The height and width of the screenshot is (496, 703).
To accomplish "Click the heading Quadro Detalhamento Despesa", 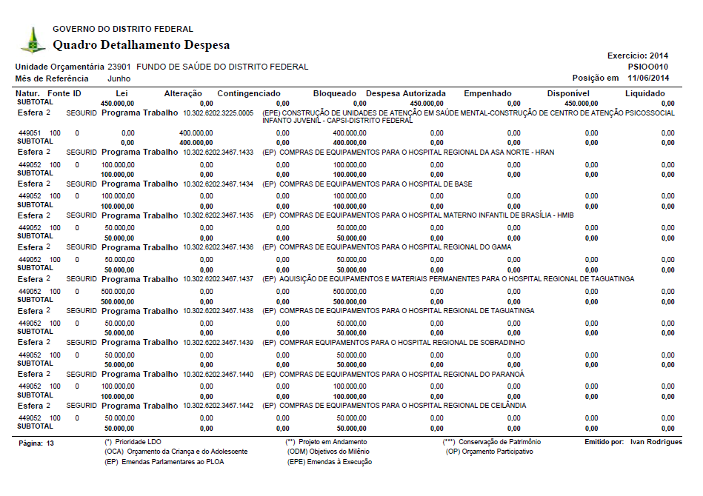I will [x=141, y=45].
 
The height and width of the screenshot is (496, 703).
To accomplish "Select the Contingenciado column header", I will [x=249, y=93].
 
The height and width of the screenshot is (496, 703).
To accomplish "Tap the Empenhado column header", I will [x=487, y=93].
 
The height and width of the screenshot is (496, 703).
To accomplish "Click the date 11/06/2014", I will [x=648, y=78].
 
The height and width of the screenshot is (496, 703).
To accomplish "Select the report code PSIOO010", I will [x=648, y=67].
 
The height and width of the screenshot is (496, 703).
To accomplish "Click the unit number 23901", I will [x=119, y=67].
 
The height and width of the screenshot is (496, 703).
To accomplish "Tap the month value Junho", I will [x=119, y=78].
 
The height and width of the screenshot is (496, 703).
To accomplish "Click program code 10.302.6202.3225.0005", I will [x=219, y=113].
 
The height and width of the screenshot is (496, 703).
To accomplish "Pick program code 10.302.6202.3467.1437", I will [x=219, y=279].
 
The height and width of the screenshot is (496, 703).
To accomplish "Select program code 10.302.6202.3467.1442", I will [x=219, y=406].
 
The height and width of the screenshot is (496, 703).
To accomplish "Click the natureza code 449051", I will [x=30, y=133].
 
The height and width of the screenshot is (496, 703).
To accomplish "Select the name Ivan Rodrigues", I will [x=656, y=442].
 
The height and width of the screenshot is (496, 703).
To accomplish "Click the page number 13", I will [x=50, y=443].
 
